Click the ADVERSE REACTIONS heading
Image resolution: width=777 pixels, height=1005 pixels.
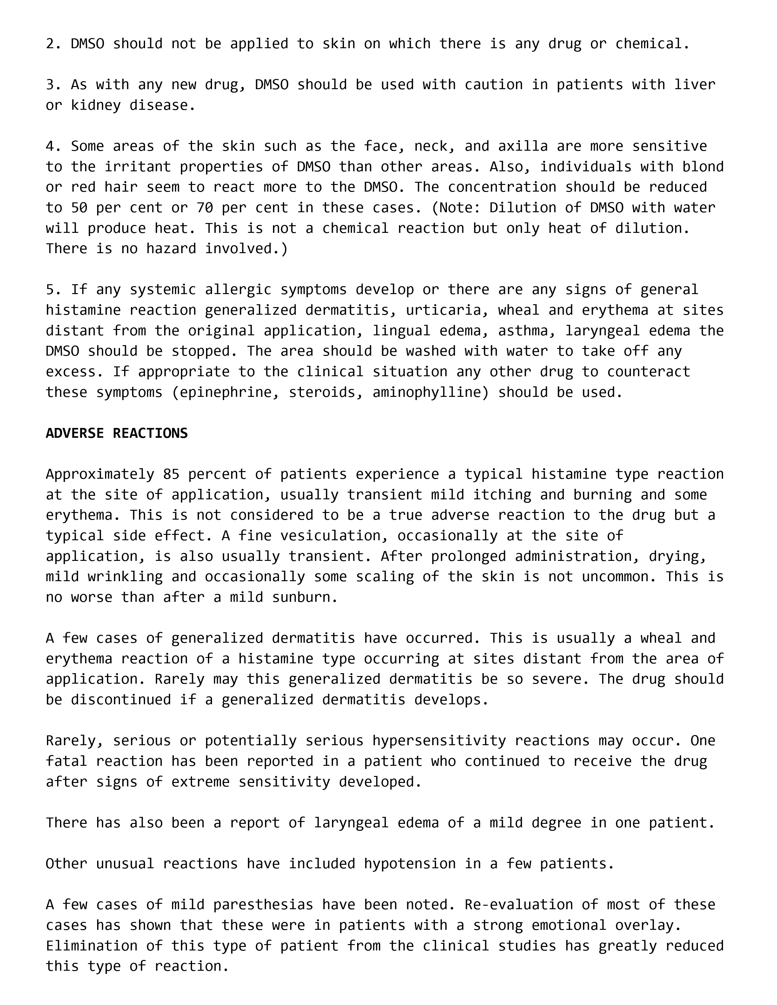116,433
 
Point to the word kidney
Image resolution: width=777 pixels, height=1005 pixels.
96,105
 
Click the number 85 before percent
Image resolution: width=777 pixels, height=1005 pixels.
171,474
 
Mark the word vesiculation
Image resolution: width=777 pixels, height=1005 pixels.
338,535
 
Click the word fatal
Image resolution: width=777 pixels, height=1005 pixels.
66,761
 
